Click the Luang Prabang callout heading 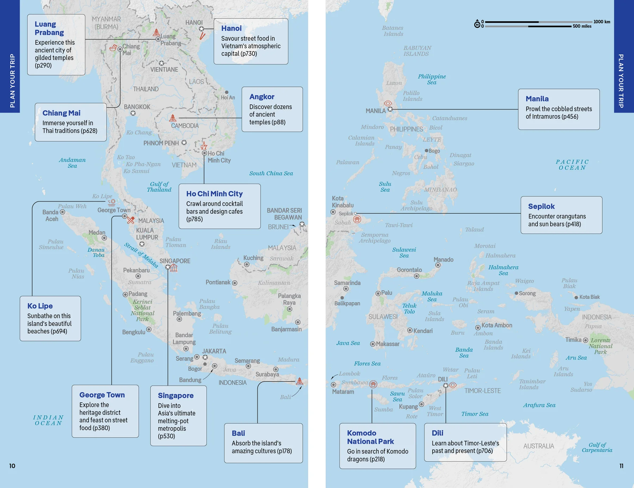[49, 29]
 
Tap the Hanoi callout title [231, 28]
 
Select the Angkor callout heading [262, 97]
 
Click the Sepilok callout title [541, 206]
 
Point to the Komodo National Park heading [370, 437]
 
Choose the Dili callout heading [437, 433]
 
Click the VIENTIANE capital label [164, 69]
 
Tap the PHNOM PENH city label [161, 143]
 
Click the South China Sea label [271, 173]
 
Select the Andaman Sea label [72, 163]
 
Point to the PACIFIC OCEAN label [572, 165]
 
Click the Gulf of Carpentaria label [597, 447]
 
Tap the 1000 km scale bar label [602, 22]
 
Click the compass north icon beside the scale [477, 24]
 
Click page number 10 [12, 466]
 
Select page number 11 [621, 466]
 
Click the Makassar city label [387, 344]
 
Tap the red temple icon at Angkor [173, 118]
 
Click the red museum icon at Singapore [174, 268]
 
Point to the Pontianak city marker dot [235, 283]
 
